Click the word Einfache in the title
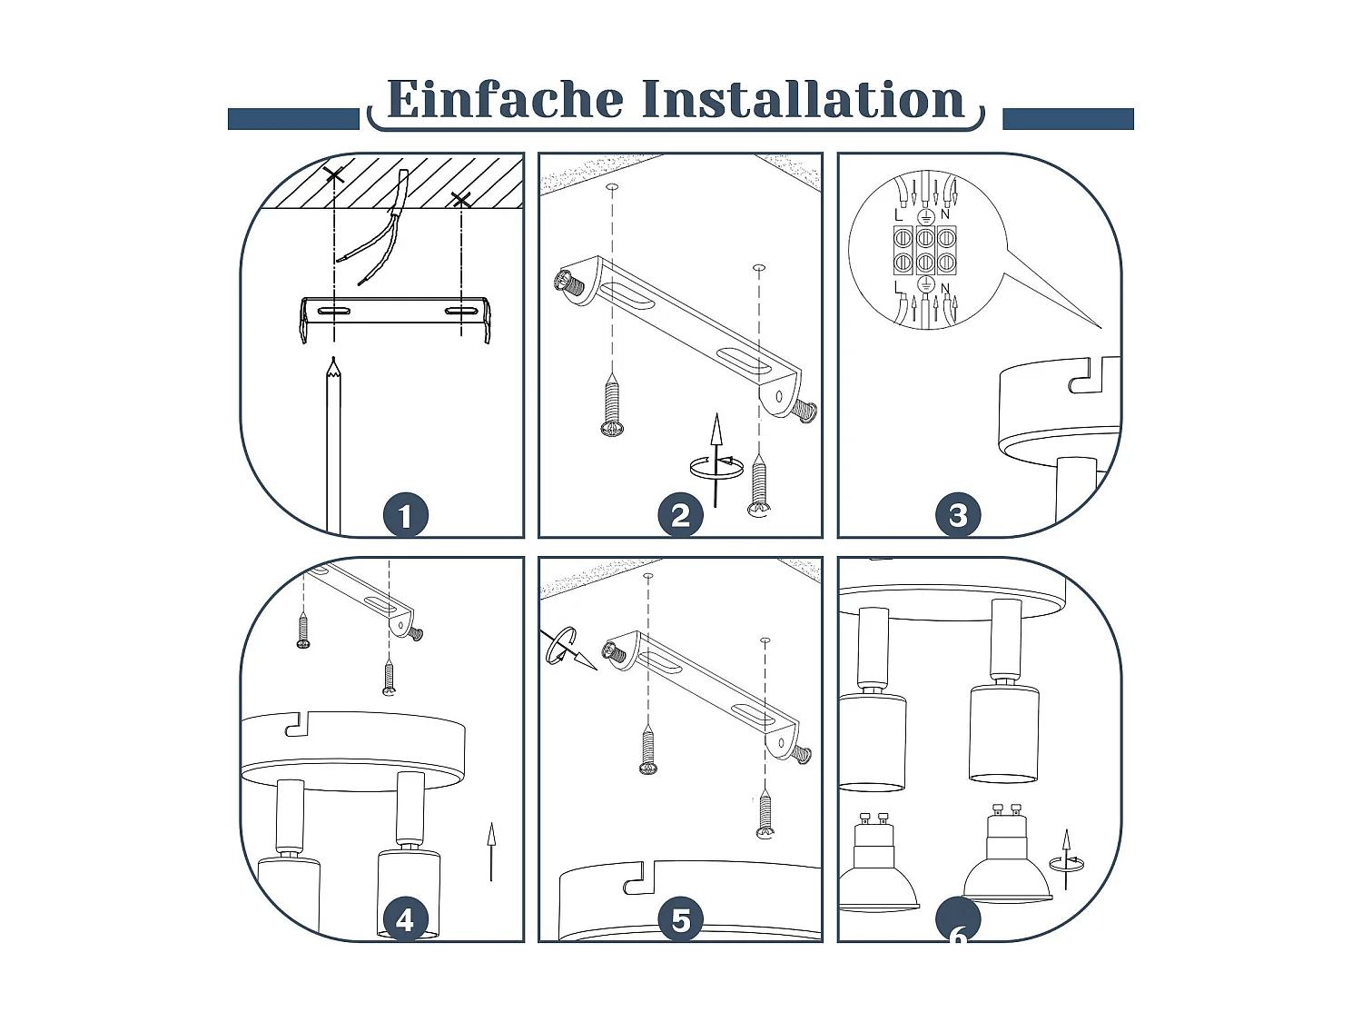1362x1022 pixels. pyautogui.click(x=505, y=99)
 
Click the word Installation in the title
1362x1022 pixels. pyautogui.click(x=803, y=99)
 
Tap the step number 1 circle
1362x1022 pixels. pyautogui.click(x=406, y=515)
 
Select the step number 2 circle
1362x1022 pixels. pyautogui.click(x=681, y=515)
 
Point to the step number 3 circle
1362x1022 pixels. pyautogui.click(x=958, y=515)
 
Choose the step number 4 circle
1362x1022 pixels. pyautogui.click(x=406, y=919)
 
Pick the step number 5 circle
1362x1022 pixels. pyautogui.click(x=681, y=919)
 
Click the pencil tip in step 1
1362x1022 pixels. pyautogui.click(x=334, y=359)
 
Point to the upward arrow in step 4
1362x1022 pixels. pyautogui.click(x=491, y=851)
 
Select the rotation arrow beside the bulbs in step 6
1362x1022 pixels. pyautogui.click(x=1067, y=860)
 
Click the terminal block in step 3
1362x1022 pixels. pyautogui.click(x=924, y=250)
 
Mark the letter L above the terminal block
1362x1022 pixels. pyautogui.click(x=899, y=215)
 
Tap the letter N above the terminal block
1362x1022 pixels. pyautogui.click(x=945, y=214)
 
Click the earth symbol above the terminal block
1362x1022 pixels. pyautogui.click(x=925, y=216)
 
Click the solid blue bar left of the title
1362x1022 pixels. pyautogui.click(x=293, y=119)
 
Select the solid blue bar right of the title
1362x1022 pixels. pyautogui.click(x=1068, y=119)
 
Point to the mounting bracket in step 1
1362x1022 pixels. pyautogui.click(x=395, y=318)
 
